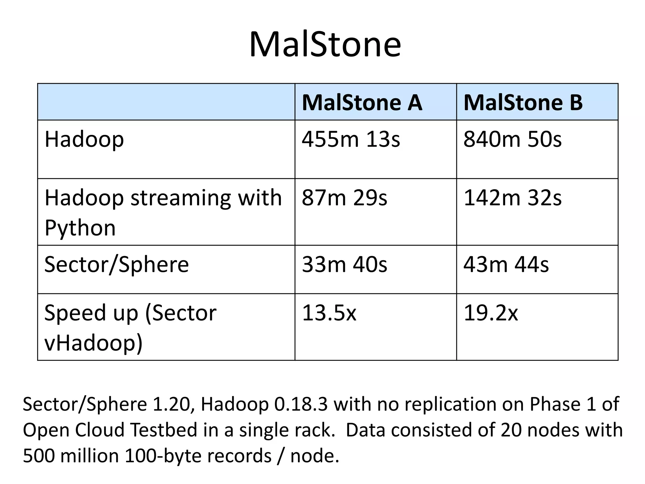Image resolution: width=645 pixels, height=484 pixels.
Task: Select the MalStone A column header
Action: click(362, 103)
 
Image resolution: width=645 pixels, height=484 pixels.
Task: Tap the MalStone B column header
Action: click(523, 103)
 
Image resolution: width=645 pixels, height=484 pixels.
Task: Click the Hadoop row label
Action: click(84, 139)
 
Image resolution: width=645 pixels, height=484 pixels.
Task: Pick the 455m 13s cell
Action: click(351, 139)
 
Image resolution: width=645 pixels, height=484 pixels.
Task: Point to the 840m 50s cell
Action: click(512, 139)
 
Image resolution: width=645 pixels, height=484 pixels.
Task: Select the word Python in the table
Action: click(80, 228)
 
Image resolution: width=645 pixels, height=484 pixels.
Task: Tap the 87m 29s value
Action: click(345, 198)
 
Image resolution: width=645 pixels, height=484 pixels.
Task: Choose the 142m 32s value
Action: click(512, 198)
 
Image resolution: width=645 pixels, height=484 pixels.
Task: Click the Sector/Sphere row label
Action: click(117, 264)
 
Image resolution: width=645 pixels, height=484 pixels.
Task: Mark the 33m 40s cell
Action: click(345, 264)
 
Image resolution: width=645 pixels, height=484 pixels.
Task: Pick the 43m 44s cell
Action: click(506, 264)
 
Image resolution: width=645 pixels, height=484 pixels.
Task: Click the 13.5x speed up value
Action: click(329, 313)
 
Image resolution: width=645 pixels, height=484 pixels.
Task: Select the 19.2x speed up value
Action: click(491, 313)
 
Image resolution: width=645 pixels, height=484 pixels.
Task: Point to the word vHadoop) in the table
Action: click(94, 343)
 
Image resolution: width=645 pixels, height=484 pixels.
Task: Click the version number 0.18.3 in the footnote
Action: click(301, 404)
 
